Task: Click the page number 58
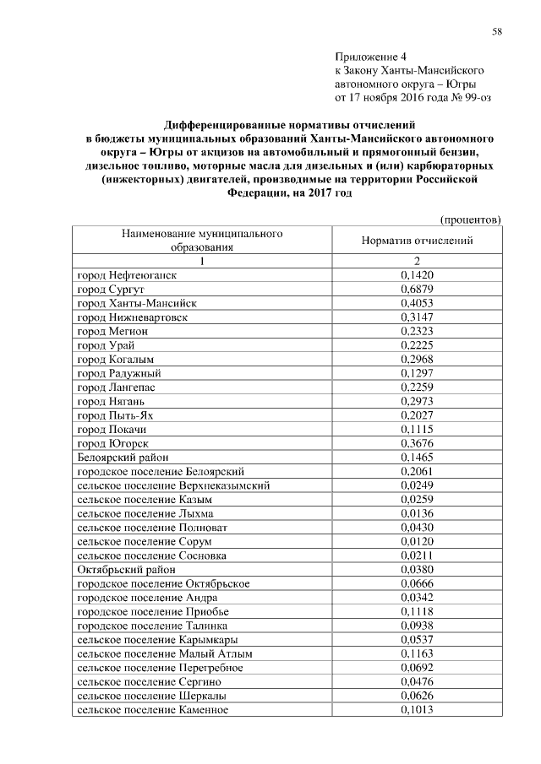click(x=497, y=31)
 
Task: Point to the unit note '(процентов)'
click(x=472, y=219)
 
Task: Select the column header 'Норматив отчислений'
click(x=416, y=241)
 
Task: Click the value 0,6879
click(x=416, y=290)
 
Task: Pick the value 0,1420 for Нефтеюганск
click(x=416, y=275)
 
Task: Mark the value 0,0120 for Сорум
click(x=416, y=541)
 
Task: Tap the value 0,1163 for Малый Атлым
click(x=416, y=653)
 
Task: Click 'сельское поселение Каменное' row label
click(x=152, y=709)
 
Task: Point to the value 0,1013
click(x=416, y=709)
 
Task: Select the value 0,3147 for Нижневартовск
click(x=416, y=317)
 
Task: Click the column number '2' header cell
click(x=416, y=261)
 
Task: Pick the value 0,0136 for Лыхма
click(x=416, y=513)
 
